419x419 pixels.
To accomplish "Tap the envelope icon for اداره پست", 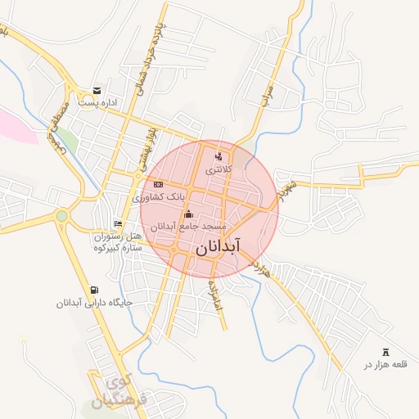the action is (97, 91).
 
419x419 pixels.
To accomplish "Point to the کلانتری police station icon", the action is (218, 156).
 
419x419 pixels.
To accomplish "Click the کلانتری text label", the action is (219, 169).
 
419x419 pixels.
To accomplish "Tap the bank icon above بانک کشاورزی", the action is (158, 184).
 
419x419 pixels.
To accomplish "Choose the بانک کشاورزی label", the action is (159, 197).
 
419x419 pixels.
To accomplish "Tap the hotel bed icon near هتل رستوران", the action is (119, 223).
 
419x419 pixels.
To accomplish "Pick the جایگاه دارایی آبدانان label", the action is (94, 303).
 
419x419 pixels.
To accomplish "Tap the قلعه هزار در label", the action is (385, 363).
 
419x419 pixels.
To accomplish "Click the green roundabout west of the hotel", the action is (61, 216).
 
